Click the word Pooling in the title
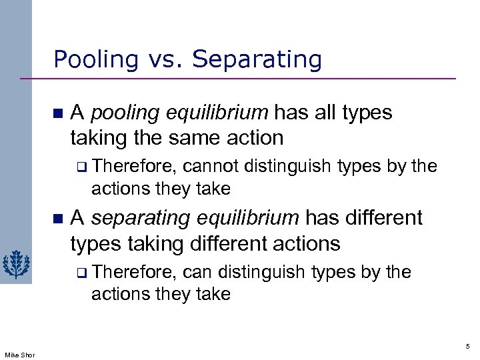tap(91, 60)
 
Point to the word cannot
tap(211, 166)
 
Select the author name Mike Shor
tap(19, 354)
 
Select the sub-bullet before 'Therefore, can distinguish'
tap(81, 273)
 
